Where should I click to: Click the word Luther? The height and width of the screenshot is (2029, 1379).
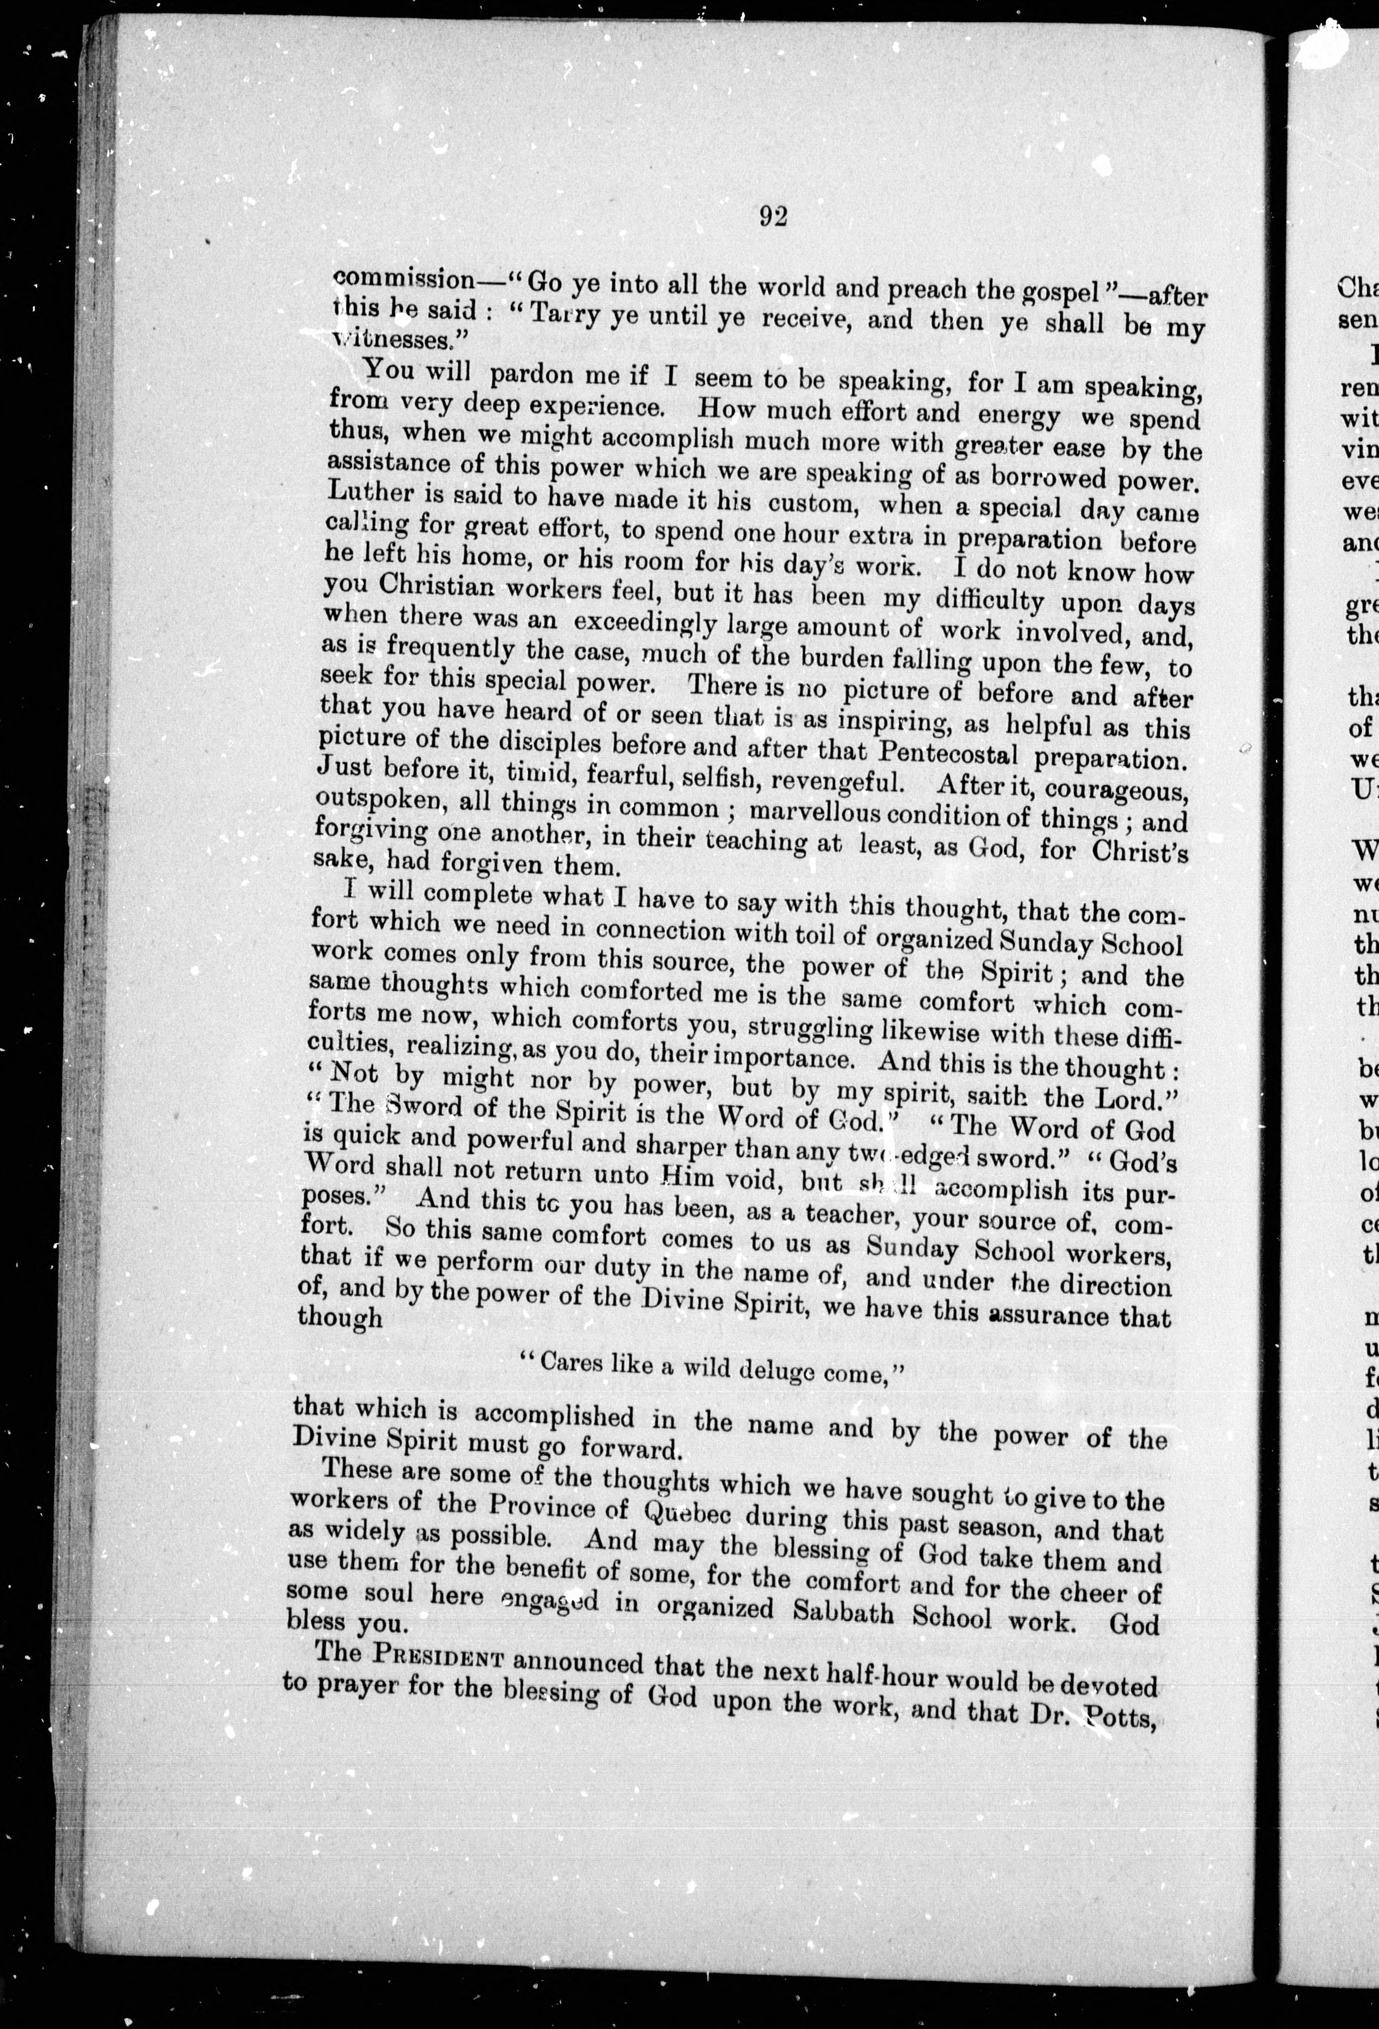pyautogui.click(x=371, y=493)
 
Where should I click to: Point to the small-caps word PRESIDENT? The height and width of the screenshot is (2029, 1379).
pyautogui.click(x=439, y=1654)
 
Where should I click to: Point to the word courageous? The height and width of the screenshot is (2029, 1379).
pyautogui.click(x=1116, y=790)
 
